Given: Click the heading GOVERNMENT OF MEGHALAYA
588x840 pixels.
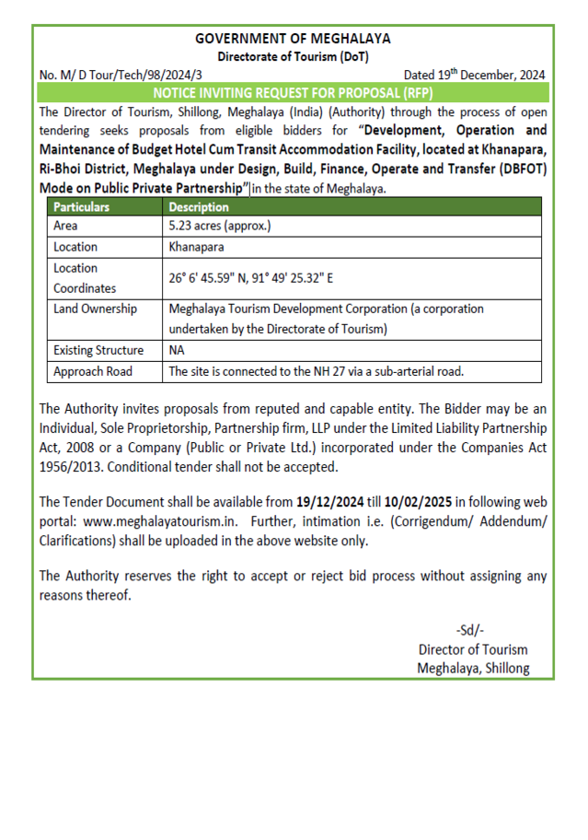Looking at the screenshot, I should [293, 39].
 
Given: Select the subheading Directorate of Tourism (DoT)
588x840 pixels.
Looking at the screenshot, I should [293, 56].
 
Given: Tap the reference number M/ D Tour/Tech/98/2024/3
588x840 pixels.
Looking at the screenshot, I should [121, 75].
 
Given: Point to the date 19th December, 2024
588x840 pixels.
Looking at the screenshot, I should [474, 75].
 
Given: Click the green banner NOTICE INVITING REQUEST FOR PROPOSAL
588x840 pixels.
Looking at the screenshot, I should [293, 93].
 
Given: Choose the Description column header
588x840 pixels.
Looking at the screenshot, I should [199, 207].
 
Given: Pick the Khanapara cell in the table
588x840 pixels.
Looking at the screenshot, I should [197, 247].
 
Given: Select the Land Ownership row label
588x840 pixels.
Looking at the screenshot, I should [95, 309].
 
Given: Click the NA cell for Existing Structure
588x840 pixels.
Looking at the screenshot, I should [178, 350].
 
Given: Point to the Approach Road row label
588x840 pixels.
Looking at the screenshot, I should [92, 371].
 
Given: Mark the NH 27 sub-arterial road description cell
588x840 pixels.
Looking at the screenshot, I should [316, 371].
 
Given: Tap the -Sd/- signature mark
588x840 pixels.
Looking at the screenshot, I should [471, 631].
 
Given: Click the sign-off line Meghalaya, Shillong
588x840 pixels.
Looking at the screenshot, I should [473, 668].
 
